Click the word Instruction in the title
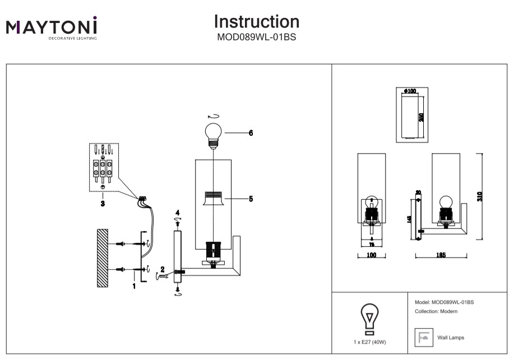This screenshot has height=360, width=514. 257,22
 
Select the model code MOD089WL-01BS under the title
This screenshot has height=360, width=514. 257,38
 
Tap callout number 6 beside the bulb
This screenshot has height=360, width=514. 251,133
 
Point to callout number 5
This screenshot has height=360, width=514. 251,199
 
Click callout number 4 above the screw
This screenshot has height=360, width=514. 177,214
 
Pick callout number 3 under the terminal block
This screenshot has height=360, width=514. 103,204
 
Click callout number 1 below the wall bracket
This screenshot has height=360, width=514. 134,286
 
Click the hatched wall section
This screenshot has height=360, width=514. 102,258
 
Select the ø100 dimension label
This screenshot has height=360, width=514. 410,91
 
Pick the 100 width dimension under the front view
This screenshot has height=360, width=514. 371,255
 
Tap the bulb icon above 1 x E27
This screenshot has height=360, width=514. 369,319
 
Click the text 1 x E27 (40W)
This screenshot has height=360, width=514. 369,342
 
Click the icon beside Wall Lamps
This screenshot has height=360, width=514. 424,337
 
